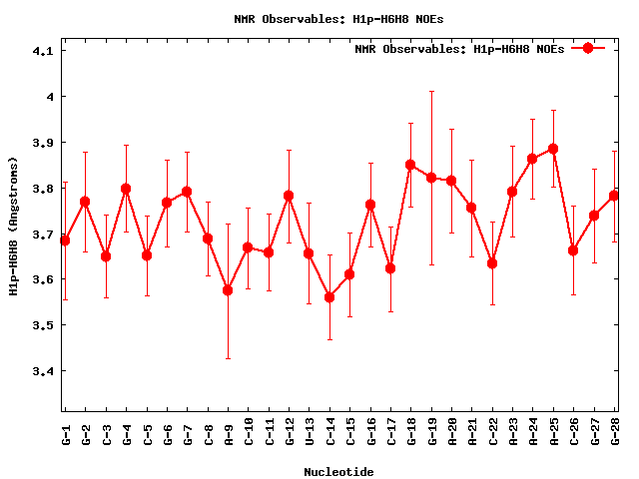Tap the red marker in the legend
coord(588,48)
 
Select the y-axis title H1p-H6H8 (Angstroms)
coord(13,226)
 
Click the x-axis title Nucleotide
coord(339,472)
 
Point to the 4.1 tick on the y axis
coord(44,51)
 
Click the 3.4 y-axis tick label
coord(44,371)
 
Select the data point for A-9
coord(228,290)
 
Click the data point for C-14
coord(329,297)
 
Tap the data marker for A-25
coord(553,149)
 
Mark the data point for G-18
coord(410,165)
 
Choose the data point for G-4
coord(126,189)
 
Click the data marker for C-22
coord(492,263)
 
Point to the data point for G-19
coord(431,178)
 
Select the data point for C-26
coord(573,250)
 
